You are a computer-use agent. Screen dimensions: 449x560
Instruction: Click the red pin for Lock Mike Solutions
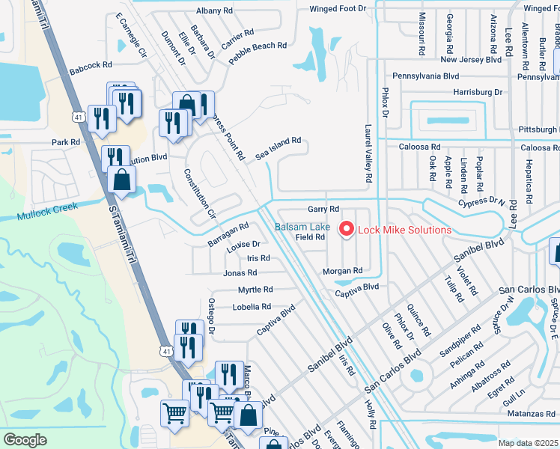coord(347,228)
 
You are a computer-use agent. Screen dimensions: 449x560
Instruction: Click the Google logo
coord(25,439)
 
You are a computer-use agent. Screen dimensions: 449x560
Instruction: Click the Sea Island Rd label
coord(278,147)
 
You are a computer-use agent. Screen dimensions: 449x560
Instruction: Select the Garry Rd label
coord(323,209)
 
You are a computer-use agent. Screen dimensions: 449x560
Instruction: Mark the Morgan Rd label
coord(342,270)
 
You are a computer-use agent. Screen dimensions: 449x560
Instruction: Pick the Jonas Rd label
coord(240,273)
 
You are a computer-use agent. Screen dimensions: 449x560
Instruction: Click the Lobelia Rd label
coord(252,307)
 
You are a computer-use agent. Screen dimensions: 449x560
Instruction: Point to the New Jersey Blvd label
coord(470,59)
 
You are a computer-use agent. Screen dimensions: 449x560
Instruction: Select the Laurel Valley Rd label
coord(368,154)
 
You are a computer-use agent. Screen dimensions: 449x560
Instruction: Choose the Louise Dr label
coord(243,244)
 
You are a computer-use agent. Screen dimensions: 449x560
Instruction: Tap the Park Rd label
coord(65,142)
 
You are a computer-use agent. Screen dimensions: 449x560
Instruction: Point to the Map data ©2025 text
coord(528,443)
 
